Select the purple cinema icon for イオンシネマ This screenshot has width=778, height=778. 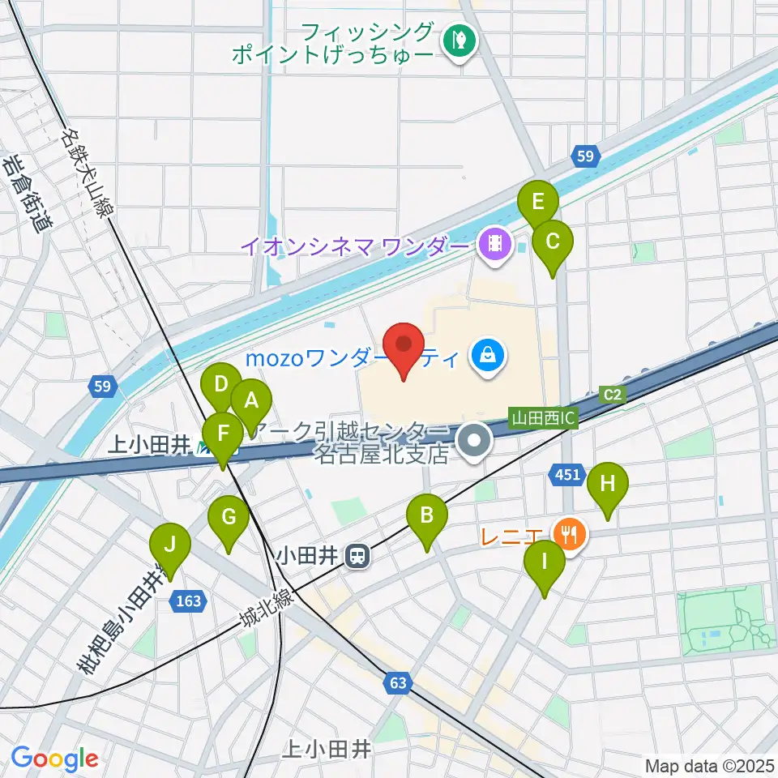click(494, 244)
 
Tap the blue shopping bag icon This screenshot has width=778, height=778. click(487, 356)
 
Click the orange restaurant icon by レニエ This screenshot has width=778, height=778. click(570, 534)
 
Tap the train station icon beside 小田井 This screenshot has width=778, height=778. click(356, 556)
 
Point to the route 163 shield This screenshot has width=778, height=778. click(187, 601)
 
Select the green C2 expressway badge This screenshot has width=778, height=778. click(613, 395)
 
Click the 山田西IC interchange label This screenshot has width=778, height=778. click(542, 419)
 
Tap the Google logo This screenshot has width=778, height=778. click(54, 759)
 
